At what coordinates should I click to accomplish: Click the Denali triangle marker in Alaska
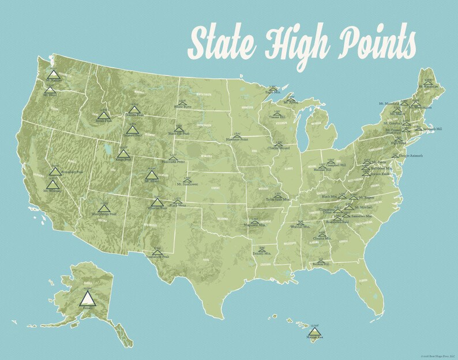[x=88, y=298]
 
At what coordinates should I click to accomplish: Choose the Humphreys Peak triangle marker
[x=103, y=208]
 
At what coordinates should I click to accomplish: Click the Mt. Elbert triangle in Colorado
[x=151, y=175]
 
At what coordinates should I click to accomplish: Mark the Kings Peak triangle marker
[x=123, y=154]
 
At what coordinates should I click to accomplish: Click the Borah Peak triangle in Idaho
[x=103, y=115]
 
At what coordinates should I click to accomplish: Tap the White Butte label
[x=183, y=107]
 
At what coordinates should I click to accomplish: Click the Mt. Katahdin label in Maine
[x=429, y=87]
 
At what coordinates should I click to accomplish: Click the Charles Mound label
[x=279, y=148]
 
